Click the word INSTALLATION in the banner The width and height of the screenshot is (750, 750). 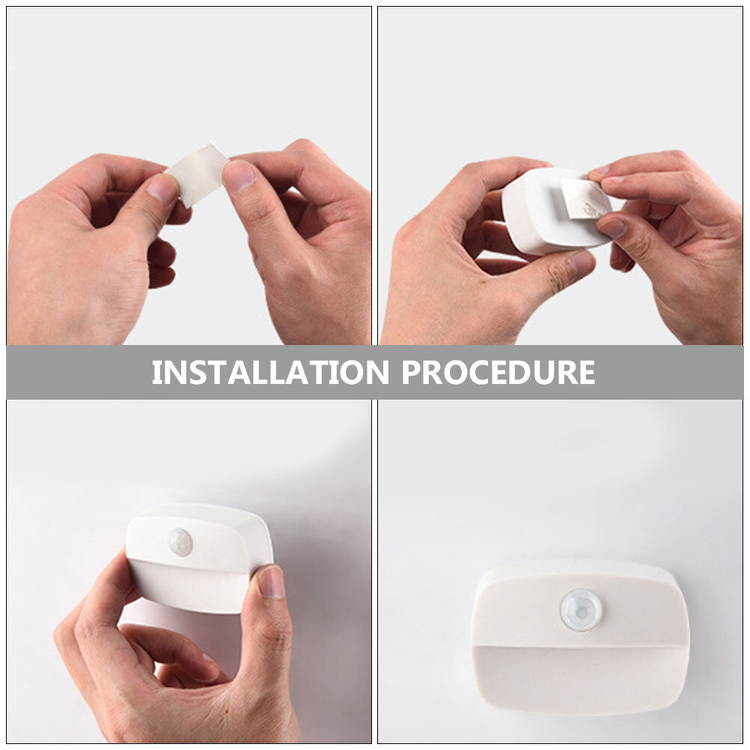click(x=270, y=372)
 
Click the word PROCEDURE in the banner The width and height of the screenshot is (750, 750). click(x=499, y=372)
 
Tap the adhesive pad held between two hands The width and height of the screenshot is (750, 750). click(x=198, y=174)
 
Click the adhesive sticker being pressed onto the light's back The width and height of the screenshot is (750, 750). click(x=585, y=198)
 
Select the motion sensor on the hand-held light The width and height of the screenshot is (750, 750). click(x=180, y=542)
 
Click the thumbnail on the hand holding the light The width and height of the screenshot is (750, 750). click(x=271, y=581)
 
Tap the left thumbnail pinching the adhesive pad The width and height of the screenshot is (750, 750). click(x=163, y=188)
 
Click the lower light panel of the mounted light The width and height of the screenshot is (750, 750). click(x=581, y=678)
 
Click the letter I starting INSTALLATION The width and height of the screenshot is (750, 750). click(x=156, y=373)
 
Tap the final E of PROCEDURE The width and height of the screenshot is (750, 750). click(x=587, y=373)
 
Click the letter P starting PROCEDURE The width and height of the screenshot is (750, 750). click(x=411, y=373)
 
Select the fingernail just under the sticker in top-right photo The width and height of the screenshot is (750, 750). click(x=612, y=228)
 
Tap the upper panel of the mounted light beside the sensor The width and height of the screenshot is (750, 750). click(x=516, y=610)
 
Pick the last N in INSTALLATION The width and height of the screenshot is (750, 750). click(x=377, y=373)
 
